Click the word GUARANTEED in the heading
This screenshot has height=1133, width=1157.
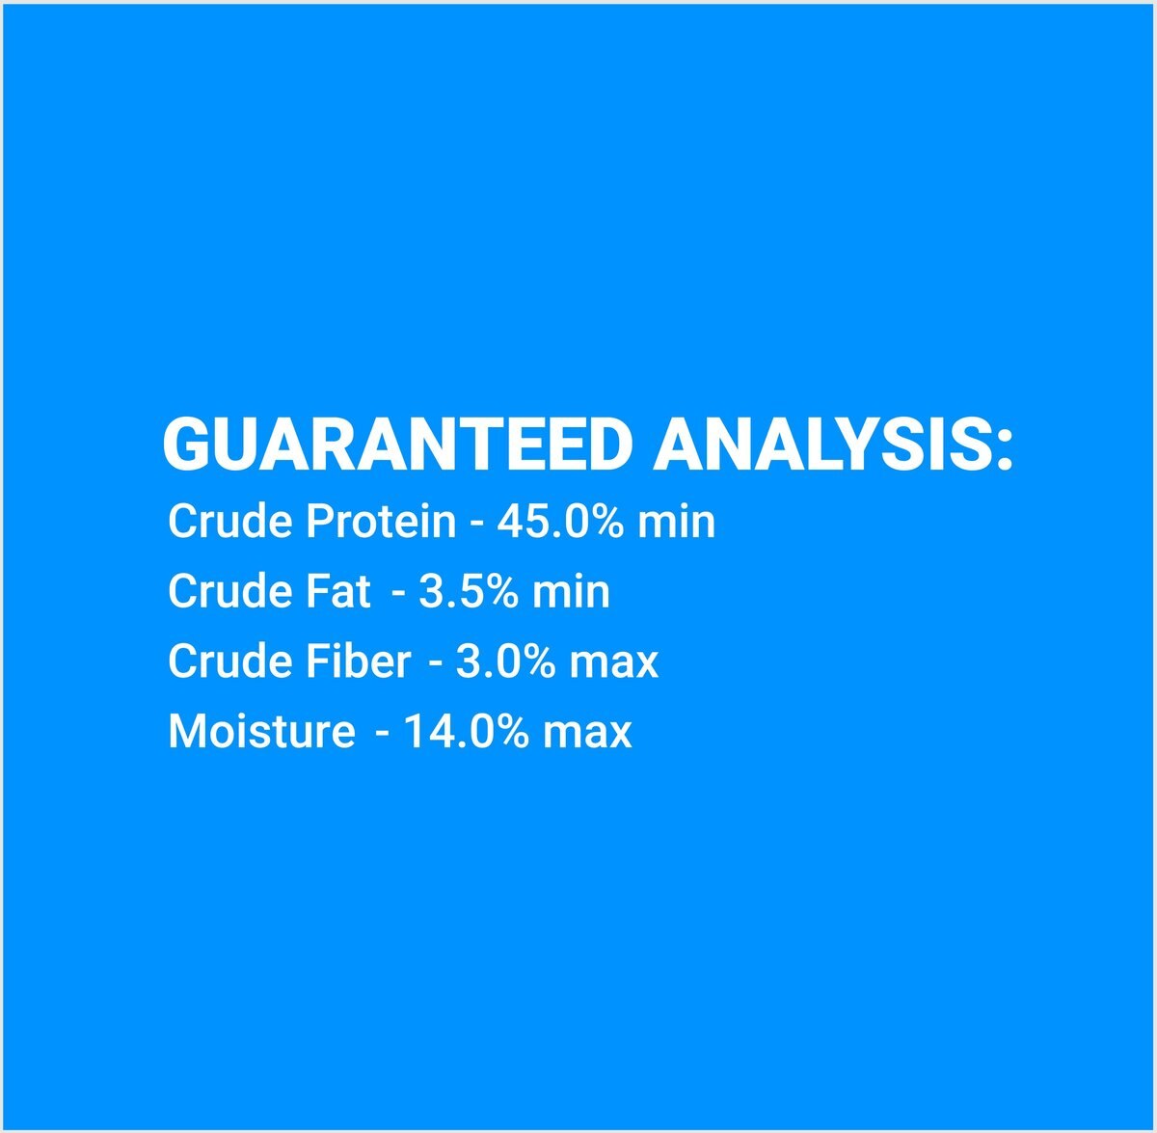(x=397, y=445)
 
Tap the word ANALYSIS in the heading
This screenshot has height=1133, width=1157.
(x=818, y=445)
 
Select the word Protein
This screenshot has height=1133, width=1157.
(x=381, y=521)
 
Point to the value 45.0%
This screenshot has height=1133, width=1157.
(x=561, y=521)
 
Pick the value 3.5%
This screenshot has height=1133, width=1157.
(x=469, y=591)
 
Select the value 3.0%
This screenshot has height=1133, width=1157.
(x=506, y=661)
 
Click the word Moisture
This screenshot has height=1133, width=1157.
(x=261, y=732)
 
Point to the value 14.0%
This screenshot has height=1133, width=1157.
(x=467, y=732)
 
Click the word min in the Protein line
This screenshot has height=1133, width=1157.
(x=676, y=521)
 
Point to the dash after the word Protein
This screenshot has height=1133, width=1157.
(x=476, y=524)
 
